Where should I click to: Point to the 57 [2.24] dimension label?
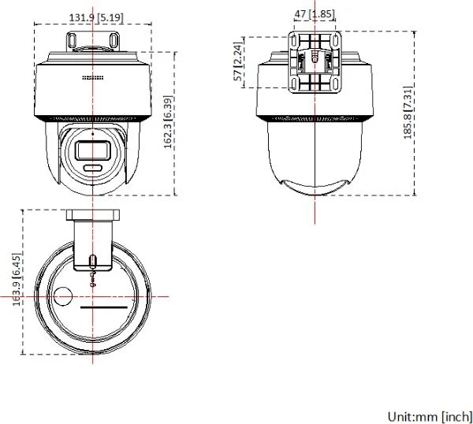pyautogui.click(x=238, y=61)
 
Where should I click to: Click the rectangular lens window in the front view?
pyautogui.click(x=92, y=151)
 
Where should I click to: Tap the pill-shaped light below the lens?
pyautogui.click(x=93, y=167)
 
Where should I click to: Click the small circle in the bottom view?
pyautogui.click(x=62, y=296)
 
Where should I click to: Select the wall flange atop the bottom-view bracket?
pyautogui.click(x=93, y=215)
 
